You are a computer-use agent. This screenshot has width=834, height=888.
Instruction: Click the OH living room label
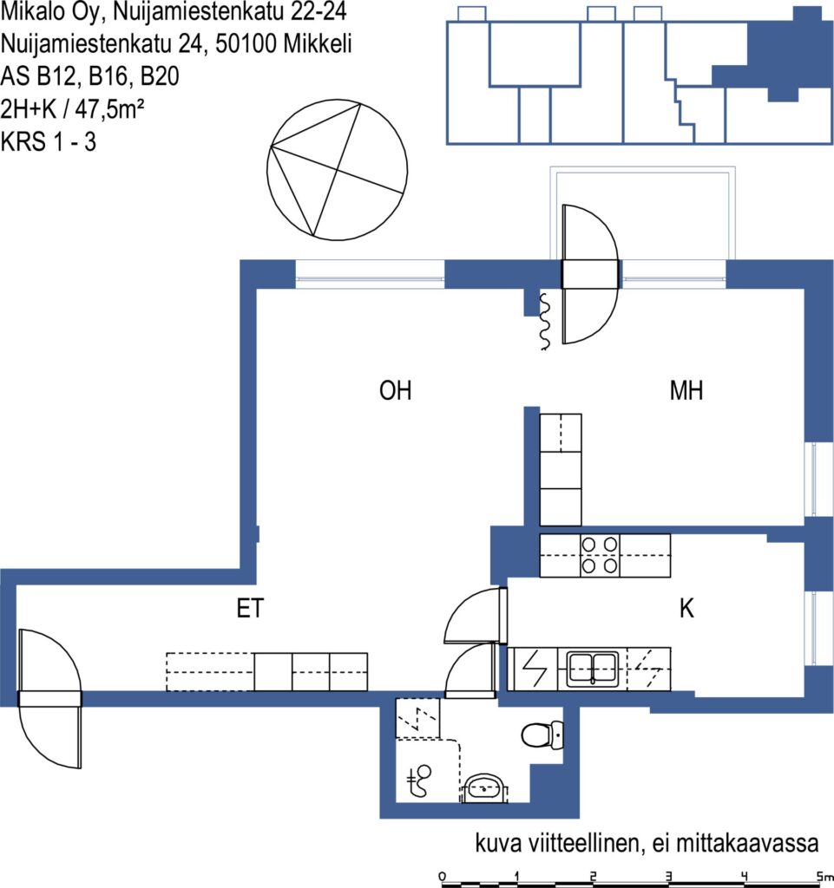[x=395, y=391]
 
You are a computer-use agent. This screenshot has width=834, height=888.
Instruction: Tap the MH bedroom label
[x=686, y=391]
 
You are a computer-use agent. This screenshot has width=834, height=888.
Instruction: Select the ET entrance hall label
[x=250, y=609]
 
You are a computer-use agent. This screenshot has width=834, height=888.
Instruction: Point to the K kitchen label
[x=686, y=609]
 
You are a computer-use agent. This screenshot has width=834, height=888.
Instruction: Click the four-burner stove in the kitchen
[x=600, y=556]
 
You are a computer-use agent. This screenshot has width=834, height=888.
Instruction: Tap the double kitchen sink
[x=592, y=669]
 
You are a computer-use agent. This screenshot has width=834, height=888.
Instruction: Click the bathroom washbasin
[x=484, y=789]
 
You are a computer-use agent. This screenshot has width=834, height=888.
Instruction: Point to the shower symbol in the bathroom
[x=420, y=780]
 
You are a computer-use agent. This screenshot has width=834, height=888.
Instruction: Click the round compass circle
[x=337, y=170]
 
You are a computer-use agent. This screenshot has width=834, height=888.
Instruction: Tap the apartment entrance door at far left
[x=49, y=699]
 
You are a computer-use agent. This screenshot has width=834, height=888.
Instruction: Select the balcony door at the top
[x=589, y=275]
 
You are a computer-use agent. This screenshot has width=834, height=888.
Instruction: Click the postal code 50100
[x=246, y=43]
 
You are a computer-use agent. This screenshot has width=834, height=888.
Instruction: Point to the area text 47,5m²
[x=109, y=108]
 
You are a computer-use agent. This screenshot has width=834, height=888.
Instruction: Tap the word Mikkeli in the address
[x=318, y=43]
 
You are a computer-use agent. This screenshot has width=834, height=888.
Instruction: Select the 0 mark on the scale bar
[x=443, y=877]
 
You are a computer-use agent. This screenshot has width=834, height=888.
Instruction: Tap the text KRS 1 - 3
[x=48, y=141]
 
